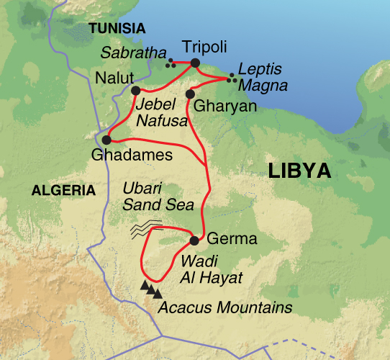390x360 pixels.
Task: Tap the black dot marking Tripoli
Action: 195,63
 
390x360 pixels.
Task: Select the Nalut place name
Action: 112,77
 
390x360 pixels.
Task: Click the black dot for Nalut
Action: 135,90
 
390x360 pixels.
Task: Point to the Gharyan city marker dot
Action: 191,94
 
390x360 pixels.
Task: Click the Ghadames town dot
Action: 106,140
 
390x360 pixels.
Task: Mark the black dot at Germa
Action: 194,240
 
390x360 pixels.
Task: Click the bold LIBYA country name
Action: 299,171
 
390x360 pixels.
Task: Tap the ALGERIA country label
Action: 63,191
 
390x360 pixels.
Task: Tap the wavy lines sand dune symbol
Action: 146,229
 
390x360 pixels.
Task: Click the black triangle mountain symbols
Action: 151,289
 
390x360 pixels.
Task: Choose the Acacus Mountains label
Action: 225,309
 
